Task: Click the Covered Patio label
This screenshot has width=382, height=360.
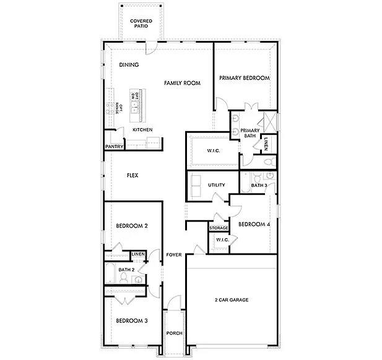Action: click(x=141, y=24)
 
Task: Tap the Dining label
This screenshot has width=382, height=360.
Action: click(x=129, y=65)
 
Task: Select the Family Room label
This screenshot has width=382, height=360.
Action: click(x=182, y=82)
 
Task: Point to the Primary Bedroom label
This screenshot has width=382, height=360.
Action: click(x=245, y=78)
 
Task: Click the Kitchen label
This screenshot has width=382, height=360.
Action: click(x=142, y=130)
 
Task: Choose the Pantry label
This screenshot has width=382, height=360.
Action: click(x=114, y=147)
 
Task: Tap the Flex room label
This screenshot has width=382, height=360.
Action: click(x=132, y=176)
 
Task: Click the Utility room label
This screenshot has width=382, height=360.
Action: click(x=216, y=185)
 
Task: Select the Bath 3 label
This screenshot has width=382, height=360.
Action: click(x=259, y=185)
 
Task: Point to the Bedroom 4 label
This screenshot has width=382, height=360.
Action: click(x=254, y=224)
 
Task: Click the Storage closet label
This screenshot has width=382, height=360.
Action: click(x=219, y=228)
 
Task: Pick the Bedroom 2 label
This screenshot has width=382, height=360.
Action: click(x=131, y=226)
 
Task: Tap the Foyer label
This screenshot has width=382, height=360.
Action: click(x=173, y=255)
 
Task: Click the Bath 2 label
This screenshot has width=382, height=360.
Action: click(x=126, y=270)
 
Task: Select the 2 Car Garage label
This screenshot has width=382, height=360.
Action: click(x=232, y=300)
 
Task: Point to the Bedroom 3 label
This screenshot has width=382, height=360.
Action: click(x=131, y=320)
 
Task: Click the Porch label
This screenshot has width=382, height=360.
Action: click(x=174, y=334)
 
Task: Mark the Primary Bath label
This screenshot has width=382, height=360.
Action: click(x=250, y=133)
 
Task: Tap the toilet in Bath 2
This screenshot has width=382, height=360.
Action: click(x=123, y=280)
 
